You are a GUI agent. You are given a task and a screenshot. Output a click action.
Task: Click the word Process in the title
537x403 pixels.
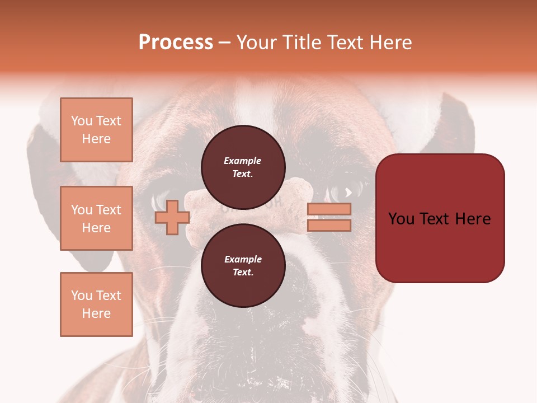(176, 43)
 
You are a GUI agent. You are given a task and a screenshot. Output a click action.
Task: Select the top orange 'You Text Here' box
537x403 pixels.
(96, 130)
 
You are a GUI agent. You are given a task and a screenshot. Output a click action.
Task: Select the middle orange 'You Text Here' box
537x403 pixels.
(96, 218)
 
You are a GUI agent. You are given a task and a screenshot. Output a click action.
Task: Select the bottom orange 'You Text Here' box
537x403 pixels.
(96, 304)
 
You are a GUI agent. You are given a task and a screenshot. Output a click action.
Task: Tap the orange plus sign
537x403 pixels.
(172, 217)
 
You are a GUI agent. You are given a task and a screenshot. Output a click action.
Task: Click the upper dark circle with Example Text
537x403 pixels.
(243, 167)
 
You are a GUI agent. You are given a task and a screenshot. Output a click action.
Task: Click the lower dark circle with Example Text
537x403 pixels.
(243, 265)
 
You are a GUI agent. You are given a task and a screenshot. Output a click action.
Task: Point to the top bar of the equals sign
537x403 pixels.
(329, 209)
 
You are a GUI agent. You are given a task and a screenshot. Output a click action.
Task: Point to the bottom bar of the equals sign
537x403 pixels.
(329, 226)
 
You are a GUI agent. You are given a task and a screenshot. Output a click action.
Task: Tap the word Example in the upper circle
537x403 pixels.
(243, 161)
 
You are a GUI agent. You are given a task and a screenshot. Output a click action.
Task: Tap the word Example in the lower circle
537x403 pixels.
(243, 259)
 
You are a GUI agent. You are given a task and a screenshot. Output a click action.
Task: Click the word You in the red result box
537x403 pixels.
(401, 219)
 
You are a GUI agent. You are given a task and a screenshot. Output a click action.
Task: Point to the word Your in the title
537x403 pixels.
(257, 43)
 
